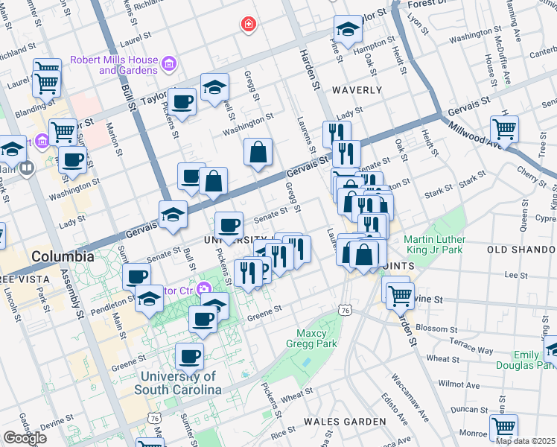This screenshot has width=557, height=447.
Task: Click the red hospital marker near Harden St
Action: (248, 25)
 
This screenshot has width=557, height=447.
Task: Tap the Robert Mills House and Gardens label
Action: (114, 65)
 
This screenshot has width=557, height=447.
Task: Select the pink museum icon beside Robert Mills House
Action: (170, 65)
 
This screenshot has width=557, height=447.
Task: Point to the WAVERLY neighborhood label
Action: (357, 90)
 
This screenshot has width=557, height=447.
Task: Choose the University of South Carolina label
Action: (178, 383)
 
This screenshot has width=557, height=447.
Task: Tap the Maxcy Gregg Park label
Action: (311, 338)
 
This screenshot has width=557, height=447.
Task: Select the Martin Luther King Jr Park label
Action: (434, 245)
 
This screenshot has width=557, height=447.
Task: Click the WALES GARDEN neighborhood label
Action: (350, 422)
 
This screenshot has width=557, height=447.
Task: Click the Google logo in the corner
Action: (24, 438)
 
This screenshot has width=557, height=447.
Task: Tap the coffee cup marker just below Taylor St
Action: (181, 101)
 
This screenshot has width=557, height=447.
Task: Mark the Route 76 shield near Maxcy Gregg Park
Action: (345, 309)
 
